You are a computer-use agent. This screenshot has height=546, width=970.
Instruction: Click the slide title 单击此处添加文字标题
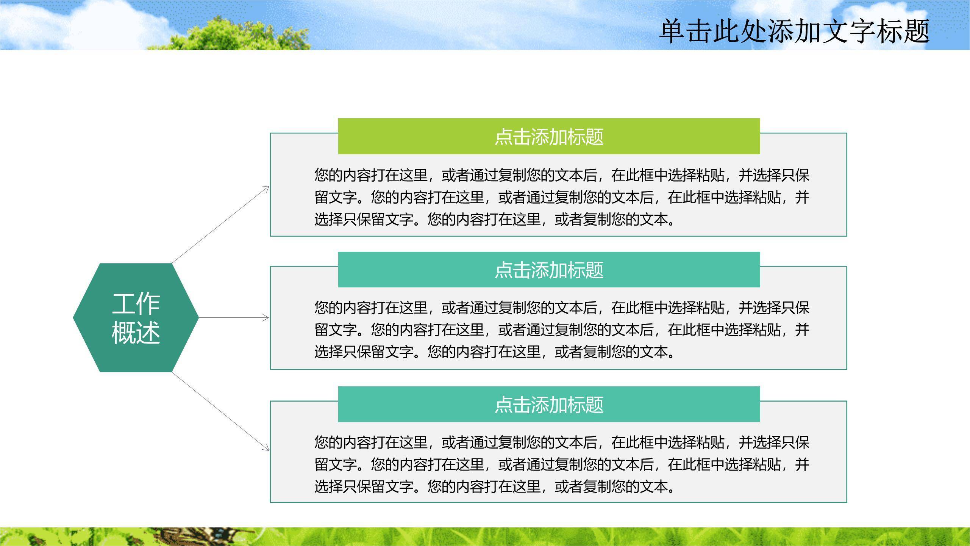point(794,31)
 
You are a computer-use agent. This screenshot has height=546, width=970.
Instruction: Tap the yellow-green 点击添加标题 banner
point(549,136)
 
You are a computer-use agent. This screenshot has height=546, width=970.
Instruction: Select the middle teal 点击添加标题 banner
point(549,270)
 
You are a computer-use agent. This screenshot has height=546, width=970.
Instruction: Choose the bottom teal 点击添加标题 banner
point(549,404)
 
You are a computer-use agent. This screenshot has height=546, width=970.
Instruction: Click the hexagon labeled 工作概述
point(136,317)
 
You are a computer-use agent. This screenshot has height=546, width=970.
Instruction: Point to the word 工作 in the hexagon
point(136,304)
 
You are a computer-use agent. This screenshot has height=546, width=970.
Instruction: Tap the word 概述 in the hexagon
point(136,333)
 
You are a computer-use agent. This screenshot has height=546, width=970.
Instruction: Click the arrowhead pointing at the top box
point(266,188)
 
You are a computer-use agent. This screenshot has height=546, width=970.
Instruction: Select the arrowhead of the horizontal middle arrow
point(266,318)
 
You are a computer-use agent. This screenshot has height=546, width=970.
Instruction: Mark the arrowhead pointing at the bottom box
point(266,448)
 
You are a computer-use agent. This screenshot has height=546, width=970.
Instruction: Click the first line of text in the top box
point(562,175)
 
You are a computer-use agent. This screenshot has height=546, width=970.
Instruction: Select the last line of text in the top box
point(495,220)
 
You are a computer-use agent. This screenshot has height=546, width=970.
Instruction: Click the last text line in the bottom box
point(495,486)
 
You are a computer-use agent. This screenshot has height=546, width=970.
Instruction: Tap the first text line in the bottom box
point(562,442)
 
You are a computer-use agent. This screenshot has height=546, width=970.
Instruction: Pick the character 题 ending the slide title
point(916,31)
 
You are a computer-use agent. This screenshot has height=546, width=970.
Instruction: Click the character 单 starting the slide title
point(673,31)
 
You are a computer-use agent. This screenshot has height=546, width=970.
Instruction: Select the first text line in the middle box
point(562,308)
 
